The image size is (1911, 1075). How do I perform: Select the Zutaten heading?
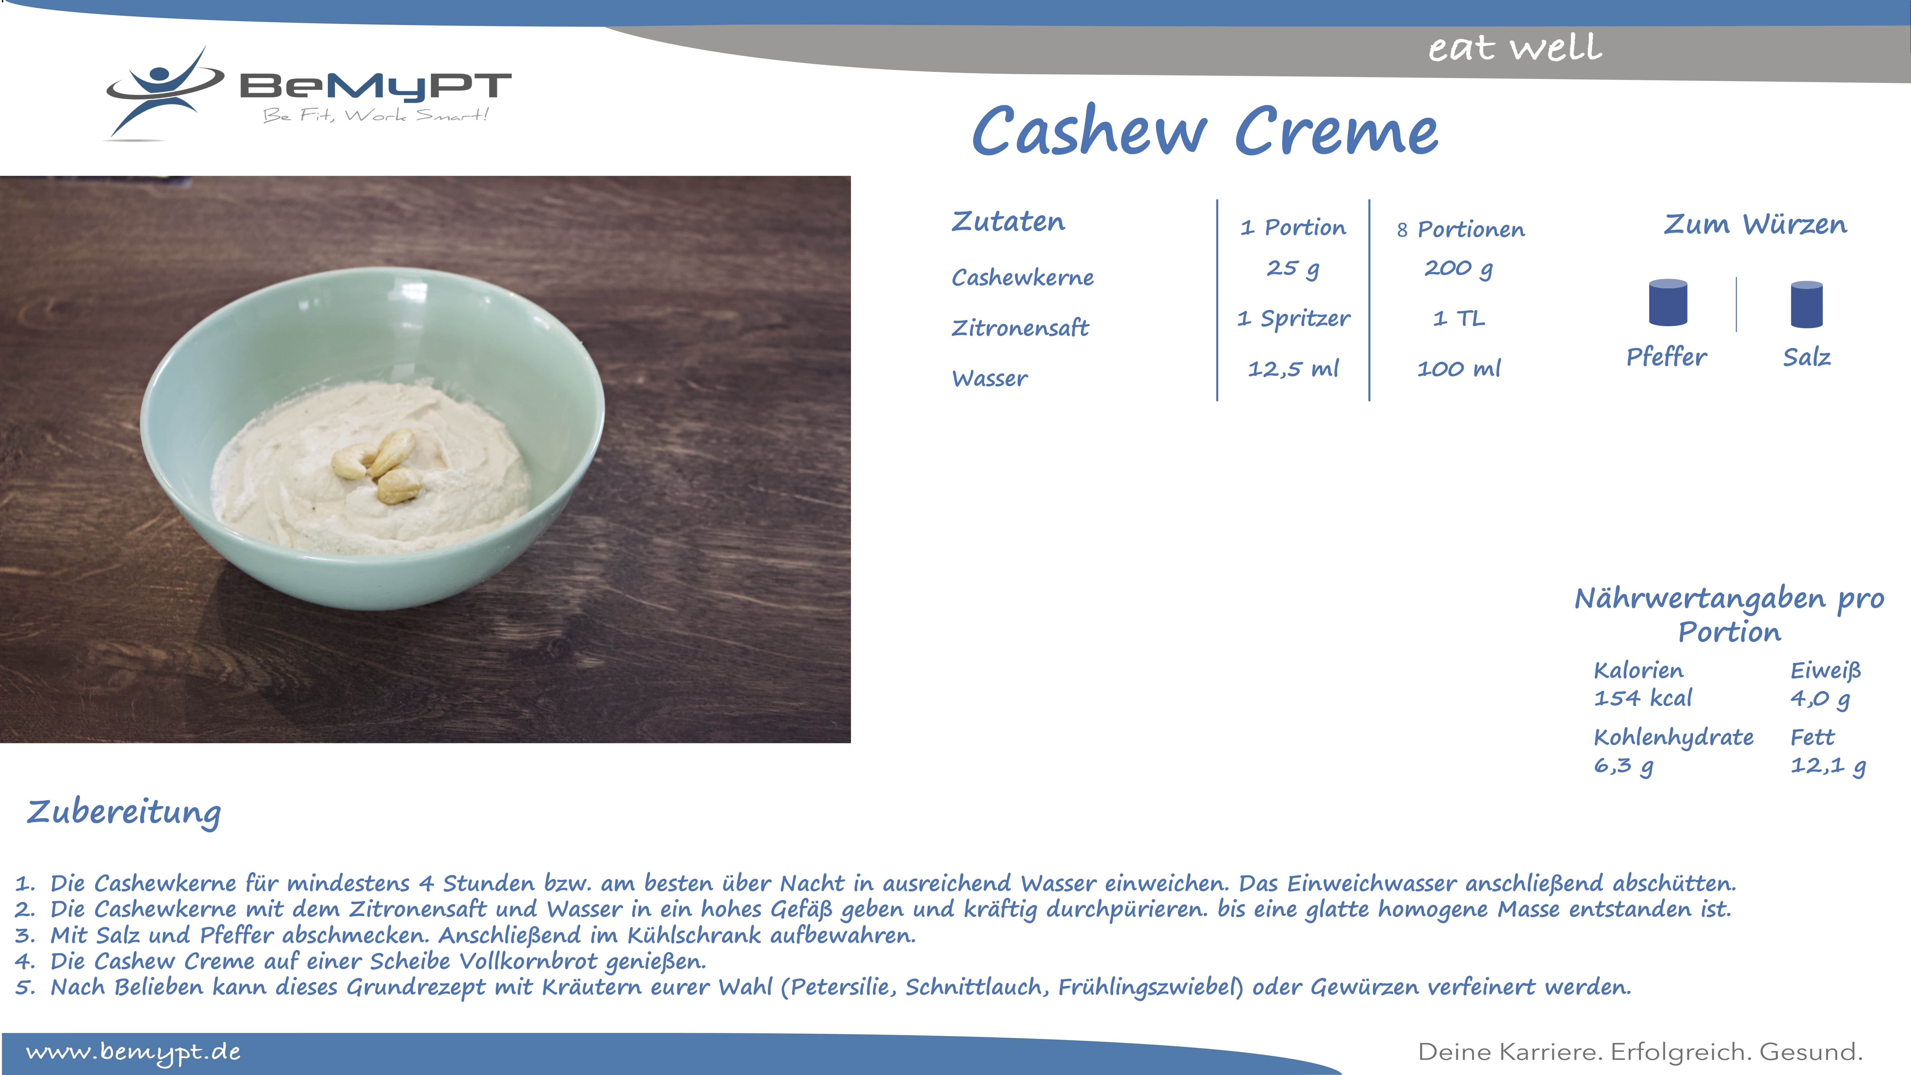[x=1008, y=221]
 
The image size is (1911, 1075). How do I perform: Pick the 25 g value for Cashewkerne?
[x=1293, y=268]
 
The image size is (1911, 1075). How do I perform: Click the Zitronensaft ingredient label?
[x=1020, y=327]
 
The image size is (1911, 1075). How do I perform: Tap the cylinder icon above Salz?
[x=1806, y=304]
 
